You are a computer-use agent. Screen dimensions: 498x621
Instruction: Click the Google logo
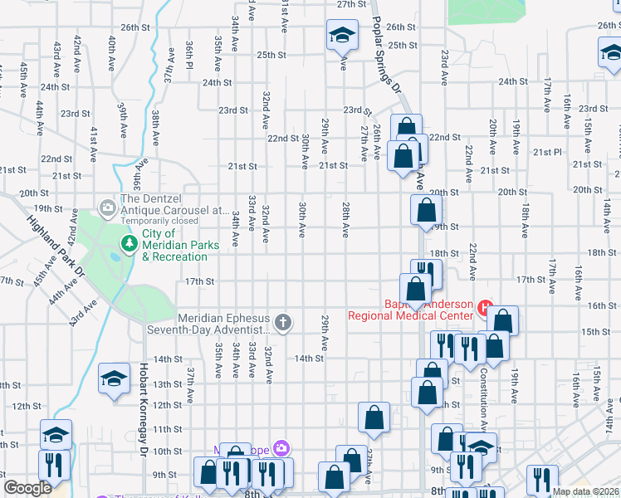tap(27, 488)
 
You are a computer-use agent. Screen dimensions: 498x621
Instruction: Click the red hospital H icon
tap(485, 309)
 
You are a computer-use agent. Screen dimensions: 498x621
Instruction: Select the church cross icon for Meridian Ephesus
tap(283, 322)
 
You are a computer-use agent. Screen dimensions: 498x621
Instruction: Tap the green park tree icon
tap(130, 243)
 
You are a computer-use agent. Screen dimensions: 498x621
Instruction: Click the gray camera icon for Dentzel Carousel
tap(107, 207)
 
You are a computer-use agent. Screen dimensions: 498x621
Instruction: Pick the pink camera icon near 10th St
tap(281, 448)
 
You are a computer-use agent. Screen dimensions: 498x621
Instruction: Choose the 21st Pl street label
tap(547, 152)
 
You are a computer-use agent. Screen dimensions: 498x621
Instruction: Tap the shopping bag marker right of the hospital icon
tap(502, 320)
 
